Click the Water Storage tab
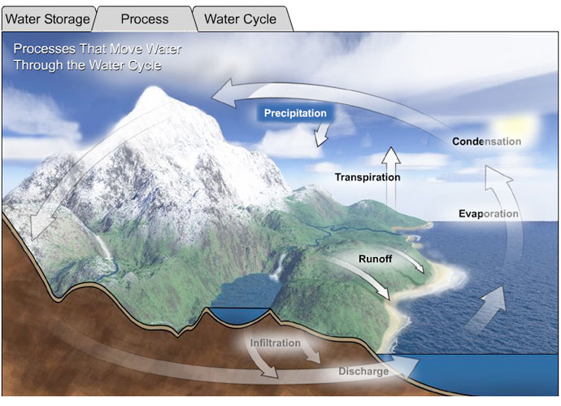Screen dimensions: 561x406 click(x=48, y=19)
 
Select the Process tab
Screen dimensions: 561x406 click(x=145, y=19)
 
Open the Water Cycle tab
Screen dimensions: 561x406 click(x=241, y=19)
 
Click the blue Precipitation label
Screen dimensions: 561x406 click(x=295, y=113)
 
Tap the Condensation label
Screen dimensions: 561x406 click(x=486, y=142)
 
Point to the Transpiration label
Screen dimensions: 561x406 click(x=367, y=177)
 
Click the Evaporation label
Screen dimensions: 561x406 click(x=489, y=214)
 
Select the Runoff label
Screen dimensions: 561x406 click(x=376, y=259)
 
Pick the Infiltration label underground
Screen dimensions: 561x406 click(x=275, y=343)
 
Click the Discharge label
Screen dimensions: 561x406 click(x=363, y=371)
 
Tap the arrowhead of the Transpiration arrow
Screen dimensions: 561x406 click(x=391, y=155)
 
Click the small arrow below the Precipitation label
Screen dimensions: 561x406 click(x=322, y=134)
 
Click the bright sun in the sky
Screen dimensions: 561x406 click(x=515, y=126)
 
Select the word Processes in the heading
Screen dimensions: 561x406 click(x=45, y=49)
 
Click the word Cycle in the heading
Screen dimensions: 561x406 click(x=146, y=66)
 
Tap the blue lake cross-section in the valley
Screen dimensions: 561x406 click(x=239, y=315)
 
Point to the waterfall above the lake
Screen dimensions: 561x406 click(x=279, y=267)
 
